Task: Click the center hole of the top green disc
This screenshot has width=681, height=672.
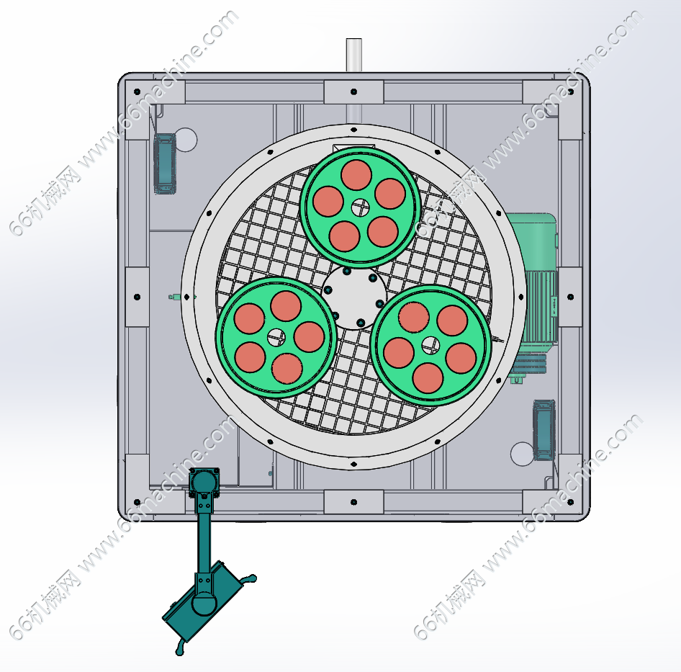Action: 360,207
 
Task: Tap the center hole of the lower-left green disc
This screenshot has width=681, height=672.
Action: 276,337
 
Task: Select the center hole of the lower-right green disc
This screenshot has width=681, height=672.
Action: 430,346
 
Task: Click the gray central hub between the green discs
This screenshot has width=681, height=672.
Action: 354,297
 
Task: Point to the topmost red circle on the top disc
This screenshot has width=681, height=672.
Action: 356,175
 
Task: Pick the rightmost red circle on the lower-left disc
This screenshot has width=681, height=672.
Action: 309,337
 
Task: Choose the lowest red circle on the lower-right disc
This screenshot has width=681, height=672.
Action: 428,377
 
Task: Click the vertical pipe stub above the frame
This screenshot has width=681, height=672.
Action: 353,55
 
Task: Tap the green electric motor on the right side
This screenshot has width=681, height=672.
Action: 533,297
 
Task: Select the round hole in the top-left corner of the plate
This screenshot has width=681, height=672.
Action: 185,140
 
